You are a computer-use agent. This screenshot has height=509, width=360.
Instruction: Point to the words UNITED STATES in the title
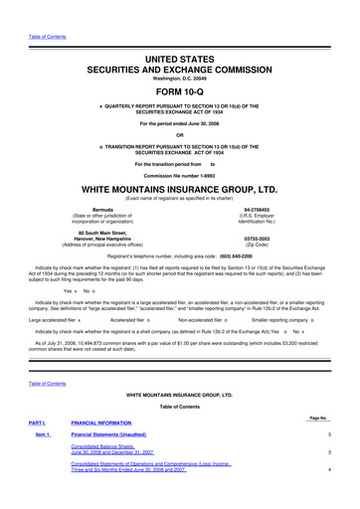click(x=180, y=32)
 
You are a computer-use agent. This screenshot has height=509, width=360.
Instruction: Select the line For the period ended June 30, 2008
click(x=180, y=123)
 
